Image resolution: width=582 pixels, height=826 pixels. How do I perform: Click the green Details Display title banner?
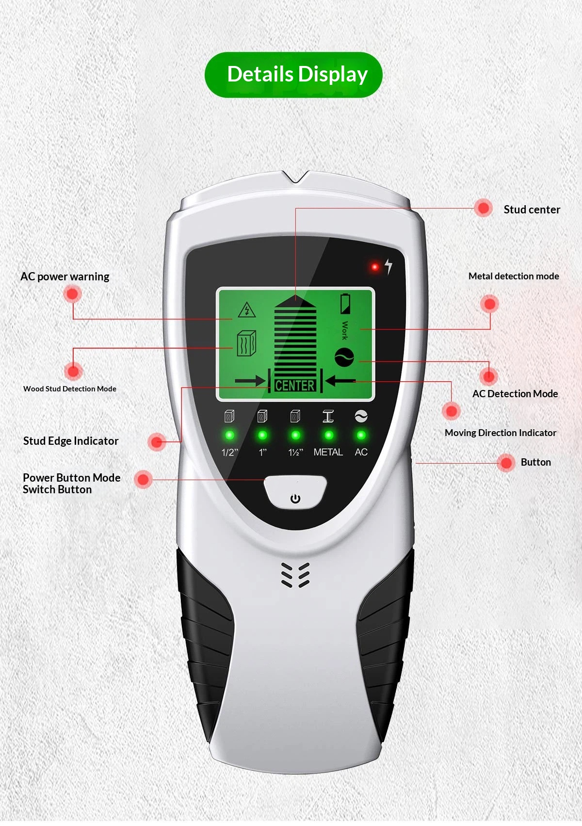click(293, 75)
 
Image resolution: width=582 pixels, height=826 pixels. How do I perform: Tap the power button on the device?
click(295, 492)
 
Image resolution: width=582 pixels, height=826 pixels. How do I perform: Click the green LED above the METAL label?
click(329, 436)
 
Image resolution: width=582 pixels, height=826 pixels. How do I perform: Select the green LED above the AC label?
click(361, 436)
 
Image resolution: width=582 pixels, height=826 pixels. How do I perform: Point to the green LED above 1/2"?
click(229, 436)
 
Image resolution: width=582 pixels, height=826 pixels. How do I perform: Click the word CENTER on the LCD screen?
click(295, 386)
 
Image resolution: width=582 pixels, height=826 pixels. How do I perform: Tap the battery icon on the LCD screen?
click(345, 304)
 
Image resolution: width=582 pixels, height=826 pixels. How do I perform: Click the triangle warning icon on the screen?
click(247, 310)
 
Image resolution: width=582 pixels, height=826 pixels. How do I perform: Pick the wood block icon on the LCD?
click(246, 343)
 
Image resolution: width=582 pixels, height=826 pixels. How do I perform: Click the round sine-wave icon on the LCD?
click(344, 357)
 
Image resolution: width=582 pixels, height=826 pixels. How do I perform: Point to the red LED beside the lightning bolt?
click(375, 267)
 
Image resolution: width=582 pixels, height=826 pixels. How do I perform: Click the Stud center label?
click(532, 210)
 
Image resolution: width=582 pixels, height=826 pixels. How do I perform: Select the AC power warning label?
click(65, 276)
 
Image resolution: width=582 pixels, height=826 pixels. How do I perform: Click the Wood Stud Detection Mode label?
click(70, 389)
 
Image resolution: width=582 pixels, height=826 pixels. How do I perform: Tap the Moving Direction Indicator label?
click(501, 433)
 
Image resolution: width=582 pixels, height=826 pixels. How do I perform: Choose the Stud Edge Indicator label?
click(71, 441)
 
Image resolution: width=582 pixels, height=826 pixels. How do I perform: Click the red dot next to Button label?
click(506, 462)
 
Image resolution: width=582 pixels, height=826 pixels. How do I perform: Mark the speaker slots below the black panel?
click(295, 575)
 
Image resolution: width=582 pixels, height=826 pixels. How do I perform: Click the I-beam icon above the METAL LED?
click(328, 416)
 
